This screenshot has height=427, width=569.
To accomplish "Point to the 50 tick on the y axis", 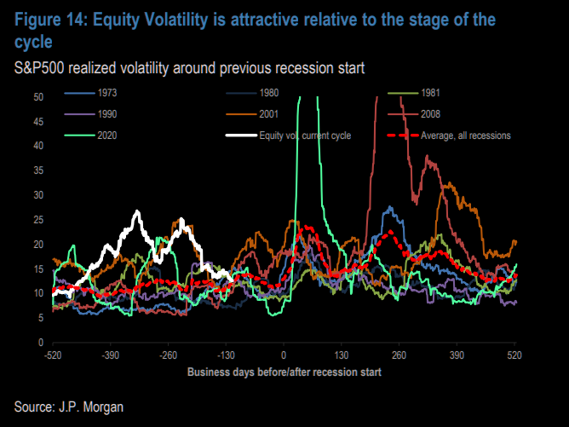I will coord(37,97).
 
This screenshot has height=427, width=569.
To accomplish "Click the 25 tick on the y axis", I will coord(37,220).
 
